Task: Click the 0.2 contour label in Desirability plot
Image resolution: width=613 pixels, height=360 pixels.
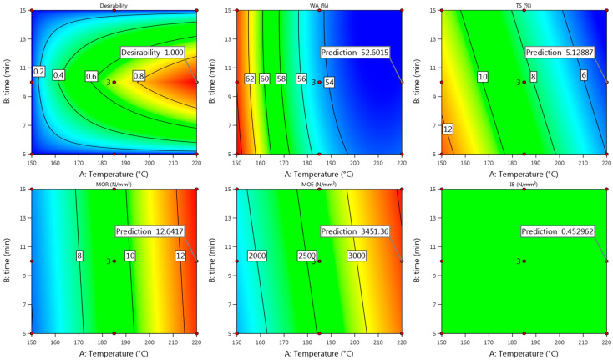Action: [38, 72]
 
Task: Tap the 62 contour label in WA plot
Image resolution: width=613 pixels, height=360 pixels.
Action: [249, 79]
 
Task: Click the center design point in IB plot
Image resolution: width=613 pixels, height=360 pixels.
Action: [524, 261]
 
